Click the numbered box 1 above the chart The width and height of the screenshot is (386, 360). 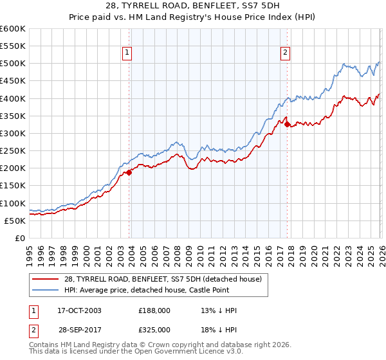coord(127,53)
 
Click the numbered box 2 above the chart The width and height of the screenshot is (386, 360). coord(285,53)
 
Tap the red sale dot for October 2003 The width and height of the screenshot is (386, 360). coord(129,172)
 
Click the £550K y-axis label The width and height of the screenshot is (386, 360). coord(13,46)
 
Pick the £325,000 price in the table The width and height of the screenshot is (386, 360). coord(154,329)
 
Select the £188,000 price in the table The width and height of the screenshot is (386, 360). coord(154,310)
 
